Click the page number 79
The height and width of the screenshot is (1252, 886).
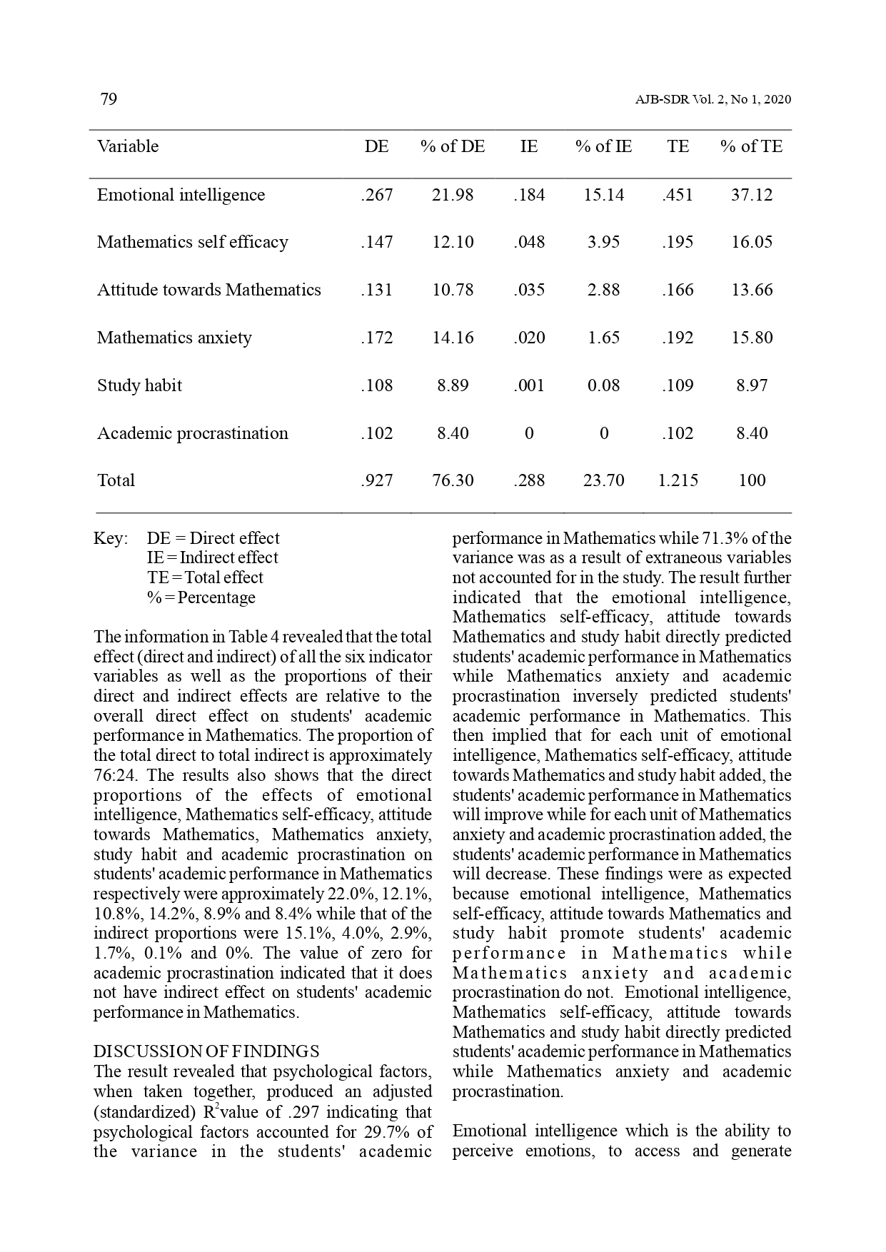(109, 99)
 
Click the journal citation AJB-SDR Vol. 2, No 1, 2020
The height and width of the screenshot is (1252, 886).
(713, 100)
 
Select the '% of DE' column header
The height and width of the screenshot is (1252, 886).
(453, 147)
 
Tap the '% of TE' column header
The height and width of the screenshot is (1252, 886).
(751, 147)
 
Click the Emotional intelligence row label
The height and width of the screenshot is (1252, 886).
(181, 195)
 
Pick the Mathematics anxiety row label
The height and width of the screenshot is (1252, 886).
(174, 338)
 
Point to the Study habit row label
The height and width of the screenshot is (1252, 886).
(139, 385)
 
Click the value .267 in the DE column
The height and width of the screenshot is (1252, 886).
(376, 195)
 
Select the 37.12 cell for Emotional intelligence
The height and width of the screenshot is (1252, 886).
(751, 195)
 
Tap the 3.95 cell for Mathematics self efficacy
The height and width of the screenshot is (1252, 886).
(603, 242)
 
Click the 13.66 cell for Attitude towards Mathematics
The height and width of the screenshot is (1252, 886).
(752, 290)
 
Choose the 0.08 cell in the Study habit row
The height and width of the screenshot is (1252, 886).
(603, 385)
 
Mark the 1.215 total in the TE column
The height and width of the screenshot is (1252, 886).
(678, 480)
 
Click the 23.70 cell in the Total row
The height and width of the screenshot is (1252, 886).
(603, 480)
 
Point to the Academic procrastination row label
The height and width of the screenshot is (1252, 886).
(193, 433)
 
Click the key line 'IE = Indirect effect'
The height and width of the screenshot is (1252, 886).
(212, 558)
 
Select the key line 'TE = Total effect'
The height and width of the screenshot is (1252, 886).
(205, 578)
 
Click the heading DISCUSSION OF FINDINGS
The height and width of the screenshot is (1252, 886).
(206, 1051)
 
